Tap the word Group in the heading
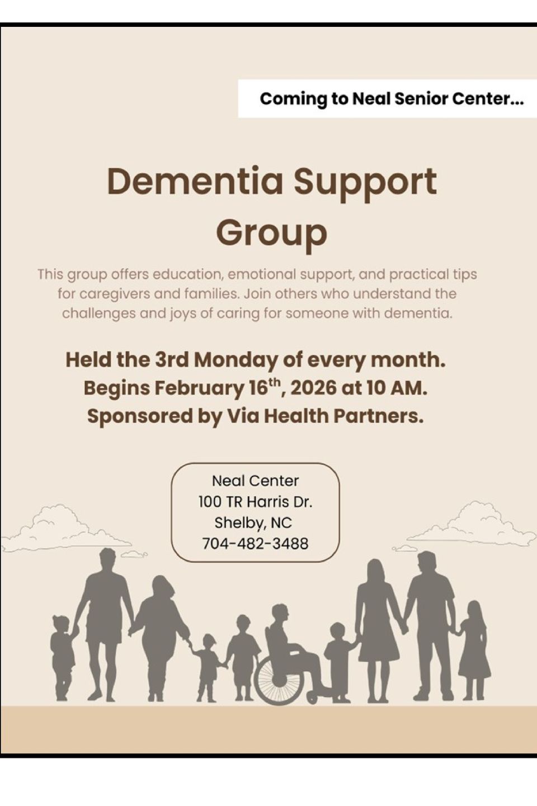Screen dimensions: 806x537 (271, 232)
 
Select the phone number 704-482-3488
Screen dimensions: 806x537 (255, 543)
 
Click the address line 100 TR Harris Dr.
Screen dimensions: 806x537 (255, 502)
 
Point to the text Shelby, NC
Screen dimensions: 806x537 (253, 523)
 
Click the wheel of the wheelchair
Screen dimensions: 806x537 (279, 680)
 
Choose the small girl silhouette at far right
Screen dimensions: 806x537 (473, 649)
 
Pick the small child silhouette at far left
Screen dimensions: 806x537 (62, 655)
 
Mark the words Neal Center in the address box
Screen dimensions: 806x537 (255, 480)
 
